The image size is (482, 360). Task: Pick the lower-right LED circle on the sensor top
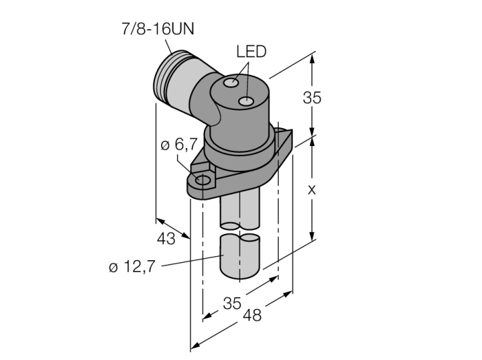click(246, 103)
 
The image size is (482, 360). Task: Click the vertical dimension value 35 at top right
click(312, 98)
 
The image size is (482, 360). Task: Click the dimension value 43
click(167, 239)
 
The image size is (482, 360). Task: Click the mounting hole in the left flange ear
click(203, 181)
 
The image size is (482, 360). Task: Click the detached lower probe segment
click(240, 256)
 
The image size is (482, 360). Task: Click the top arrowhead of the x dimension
click(314, 142)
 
